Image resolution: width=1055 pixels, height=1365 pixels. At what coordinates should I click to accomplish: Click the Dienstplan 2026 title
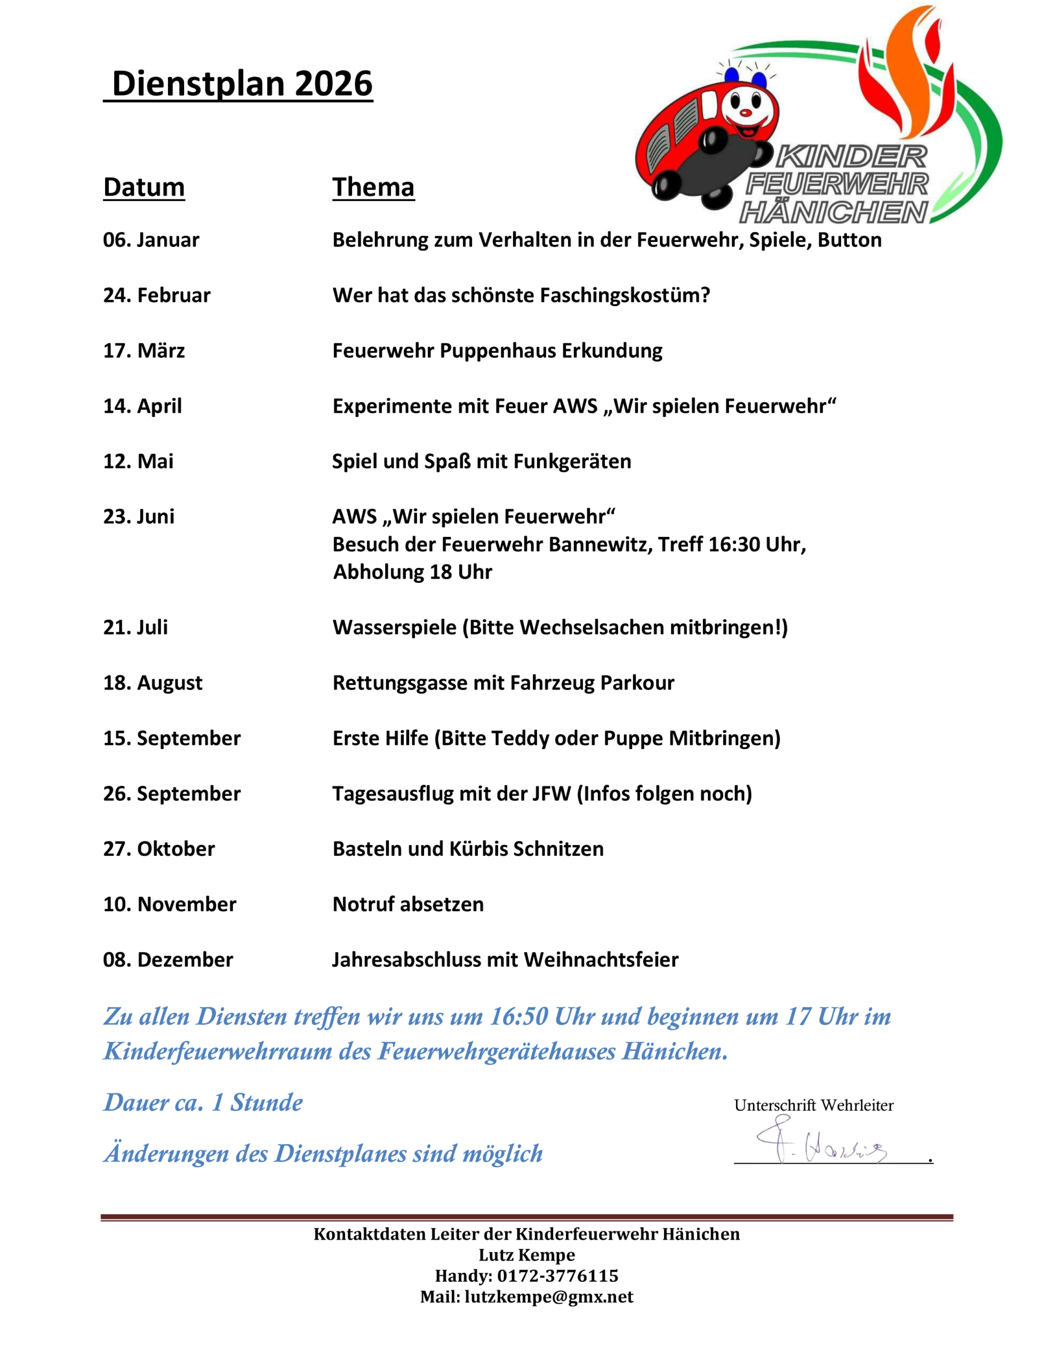point(242,84)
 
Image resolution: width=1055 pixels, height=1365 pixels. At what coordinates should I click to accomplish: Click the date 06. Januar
point(151,240)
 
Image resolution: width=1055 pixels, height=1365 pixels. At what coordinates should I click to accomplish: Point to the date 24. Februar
point(156,295)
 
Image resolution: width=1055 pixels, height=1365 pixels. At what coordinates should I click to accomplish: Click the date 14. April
point(142,406)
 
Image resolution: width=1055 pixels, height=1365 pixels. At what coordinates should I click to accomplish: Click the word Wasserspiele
point(395,628)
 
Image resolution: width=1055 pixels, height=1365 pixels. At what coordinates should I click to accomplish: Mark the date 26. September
point(172,794)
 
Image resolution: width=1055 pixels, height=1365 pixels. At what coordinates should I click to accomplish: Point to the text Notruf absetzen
point(407,904)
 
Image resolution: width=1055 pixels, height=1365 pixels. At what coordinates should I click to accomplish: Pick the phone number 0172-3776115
point(557,1275)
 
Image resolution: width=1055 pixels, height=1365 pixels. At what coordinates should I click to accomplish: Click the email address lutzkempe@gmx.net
point(548,1297)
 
